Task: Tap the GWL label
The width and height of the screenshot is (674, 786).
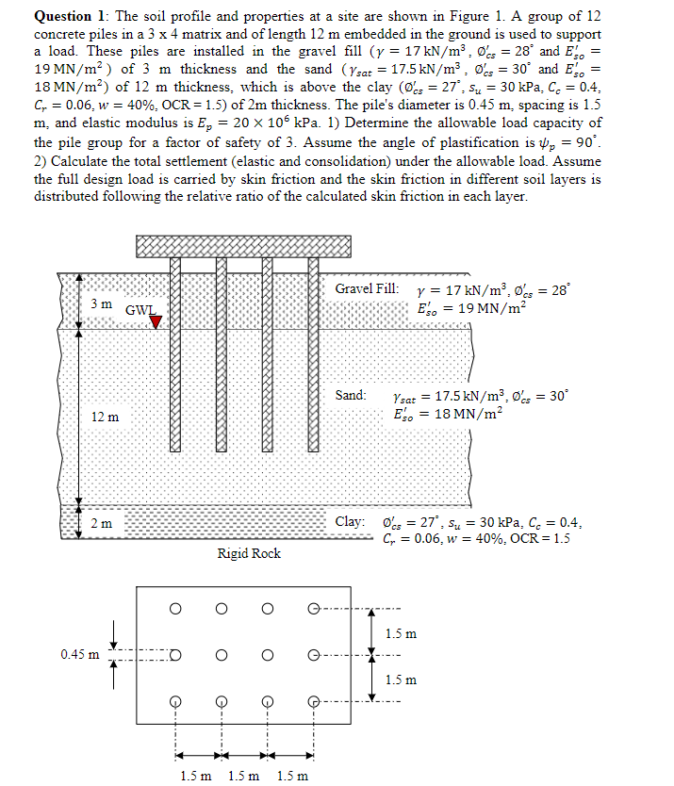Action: [140, 309]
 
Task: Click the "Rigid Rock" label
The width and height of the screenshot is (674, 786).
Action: [249, 553]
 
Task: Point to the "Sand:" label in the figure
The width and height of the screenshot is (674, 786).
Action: [351, 395]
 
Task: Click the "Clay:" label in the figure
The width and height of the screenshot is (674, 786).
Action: [350, 521]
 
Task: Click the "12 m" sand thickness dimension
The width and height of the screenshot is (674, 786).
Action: [105, 417]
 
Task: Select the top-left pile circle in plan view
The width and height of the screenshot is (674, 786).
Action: [175, 609]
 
